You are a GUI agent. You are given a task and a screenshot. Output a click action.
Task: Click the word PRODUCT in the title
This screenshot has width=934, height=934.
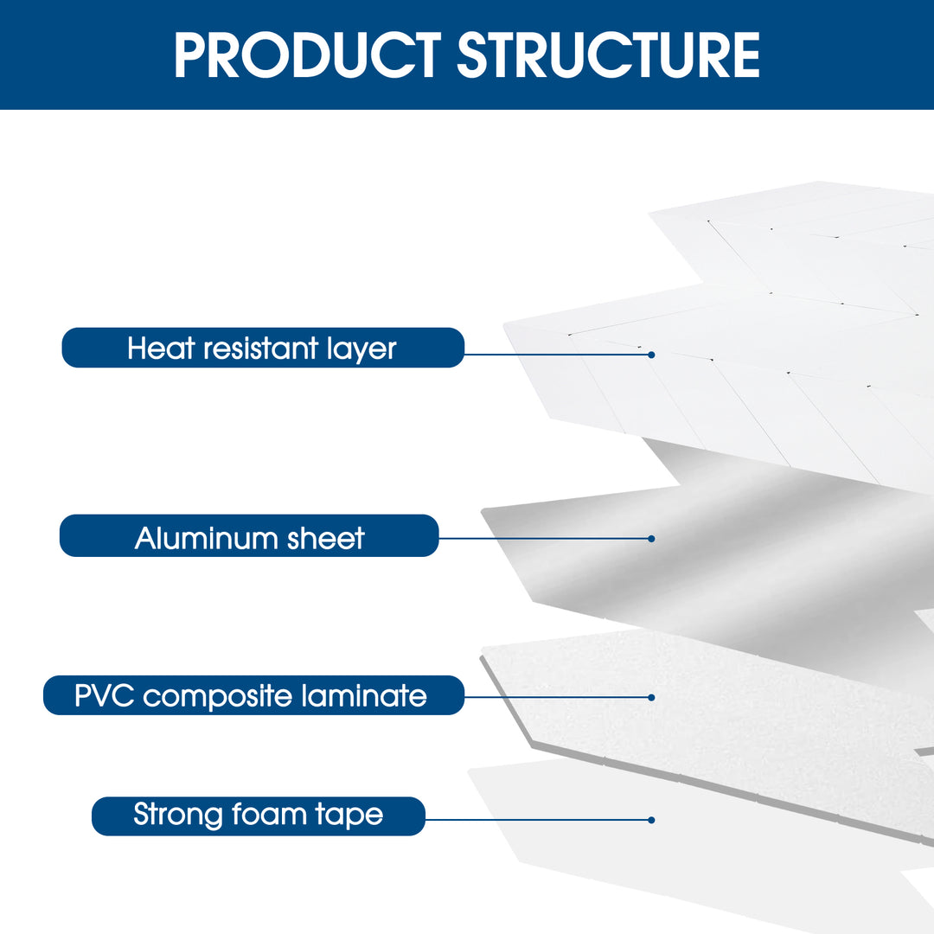309,54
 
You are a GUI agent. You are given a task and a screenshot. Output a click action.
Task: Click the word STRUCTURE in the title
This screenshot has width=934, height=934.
608,54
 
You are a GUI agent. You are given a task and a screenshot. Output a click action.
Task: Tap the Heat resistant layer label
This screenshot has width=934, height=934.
262,348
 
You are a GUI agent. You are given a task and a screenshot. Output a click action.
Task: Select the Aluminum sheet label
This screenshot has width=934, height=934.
249,537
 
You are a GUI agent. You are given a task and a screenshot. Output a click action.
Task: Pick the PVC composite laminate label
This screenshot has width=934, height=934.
252,695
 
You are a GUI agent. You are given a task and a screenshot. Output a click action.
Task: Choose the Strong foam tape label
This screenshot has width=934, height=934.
258,815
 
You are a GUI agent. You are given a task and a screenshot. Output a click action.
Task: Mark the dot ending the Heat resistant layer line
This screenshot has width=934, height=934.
651,355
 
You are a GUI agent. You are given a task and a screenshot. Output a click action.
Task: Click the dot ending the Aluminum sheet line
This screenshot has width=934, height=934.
651,538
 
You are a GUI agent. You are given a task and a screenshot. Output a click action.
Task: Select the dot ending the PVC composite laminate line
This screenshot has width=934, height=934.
651,697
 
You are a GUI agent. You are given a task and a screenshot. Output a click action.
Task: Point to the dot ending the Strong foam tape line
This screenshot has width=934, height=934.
651,820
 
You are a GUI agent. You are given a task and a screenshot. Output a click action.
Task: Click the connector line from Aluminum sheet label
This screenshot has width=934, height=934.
545,538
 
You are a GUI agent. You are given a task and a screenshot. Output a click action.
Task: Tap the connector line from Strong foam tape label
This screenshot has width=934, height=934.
536,819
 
